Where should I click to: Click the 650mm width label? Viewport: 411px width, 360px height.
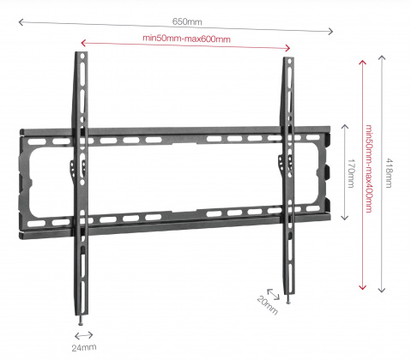[x=187, y=21]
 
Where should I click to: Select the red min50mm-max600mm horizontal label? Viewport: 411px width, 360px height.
[x=186, y=39]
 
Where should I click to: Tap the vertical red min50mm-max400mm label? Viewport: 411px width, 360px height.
[x=369, y=169]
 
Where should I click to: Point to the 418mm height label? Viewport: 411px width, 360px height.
[x=389, y=173]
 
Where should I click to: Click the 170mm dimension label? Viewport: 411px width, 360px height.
[x=351, y=173]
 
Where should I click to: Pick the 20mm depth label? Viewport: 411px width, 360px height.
[x=268, y=305]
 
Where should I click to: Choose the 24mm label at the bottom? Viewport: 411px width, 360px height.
[x=84, y=348]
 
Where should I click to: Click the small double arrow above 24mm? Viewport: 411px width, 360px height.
[x=84, y=335]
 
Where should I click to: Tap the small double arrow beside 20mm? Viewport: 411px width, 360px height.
[x=273, y=295]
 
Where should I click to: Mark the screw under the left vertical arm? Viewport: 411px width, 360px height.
[x=81, y=321]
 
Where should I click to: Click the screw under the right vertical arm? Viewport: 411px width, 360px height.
[x=288, y=299]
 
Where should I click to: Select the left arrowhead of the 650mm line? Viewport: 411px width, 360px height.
[x=21, y=22]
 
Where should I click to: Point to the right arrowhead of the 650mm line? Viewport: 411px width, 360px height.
[x=331, y=31]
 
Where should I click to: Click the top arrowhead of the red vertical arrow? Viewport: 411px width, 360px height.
[x=363, y=63]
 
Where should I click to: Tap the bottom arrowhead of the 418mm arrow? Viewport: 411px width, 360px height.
[x=382, y=291]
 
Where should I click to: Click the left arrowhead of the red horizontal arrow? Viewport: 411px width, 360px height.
[x=83, y=43]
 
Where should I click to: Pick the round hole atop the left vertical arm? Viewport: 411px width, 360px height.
[x=82, y=57]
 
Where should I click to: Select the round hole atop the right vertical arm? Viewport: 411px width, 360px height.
[x=289, y=61]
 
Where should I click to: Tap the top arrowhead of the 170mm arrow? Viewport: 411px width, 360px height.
[x=345, y=127]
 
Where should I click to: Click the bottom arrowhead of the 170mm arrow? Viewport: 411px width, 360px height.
[x=345, y=218]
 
